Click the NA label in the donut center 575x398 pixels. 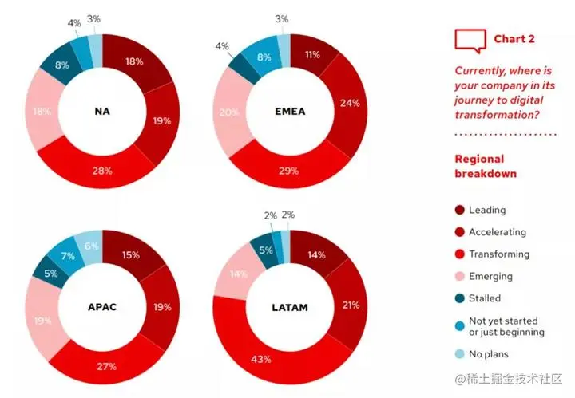point(102,111)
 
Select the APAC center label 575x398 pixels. point(101,305)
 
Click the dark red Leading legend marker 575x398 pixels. point(459,211)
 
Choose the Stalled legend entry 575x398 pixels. point(485,298)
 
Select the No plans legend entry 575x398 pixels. point(486,353)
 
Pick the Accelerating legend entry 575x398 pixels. point(497,232)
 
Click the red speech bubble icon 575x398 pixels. point(470,39)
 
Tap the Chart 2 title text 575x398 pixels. point(514,39)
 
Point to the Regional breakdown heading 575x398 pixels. point(486,166)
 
